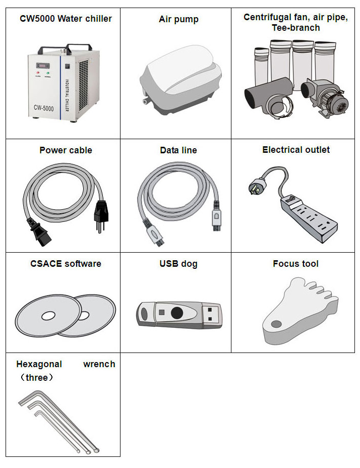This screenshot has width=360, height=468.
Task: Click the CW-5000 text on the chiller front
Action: (43, 108)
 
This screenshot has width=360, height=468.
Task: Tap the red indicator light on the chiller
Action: (38, 73)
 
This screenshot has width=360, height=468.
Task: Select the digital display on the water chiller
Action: (43, 66)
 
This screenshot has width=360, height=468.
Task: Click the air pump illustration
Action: (181, 80)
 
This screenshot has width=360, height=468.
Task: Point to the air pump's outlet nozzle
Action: (146, 101)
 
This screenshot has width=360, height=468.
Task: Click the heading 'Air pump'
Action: (178, 19)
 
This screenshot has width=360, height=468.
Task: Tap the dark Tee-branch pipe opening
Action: (250, 98)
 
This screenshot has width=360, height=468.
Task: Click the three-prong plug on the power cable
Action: (101, 215)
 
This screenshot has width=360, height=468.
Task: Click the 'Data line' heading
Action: (178, 150)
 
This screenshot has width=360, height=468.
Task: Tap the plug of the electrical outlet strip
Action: (257, 186)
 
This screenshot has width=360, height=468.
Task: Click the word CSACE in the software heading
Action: (46, 264)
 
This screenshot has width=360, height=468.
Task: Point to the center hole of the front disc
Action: (48, 316)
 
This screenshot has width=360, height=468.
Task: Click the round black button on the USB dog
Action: (176, 313)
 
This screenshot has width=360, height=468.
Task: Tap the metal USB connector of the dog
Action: (212, 314)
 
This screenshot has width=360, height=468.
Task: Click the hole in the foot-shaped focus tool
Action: (276, 324)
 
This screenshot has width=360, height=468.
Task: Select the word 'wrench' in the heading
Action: (99, 364)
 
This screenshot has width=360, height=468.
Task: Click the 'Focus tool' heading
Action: (295, 264)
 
